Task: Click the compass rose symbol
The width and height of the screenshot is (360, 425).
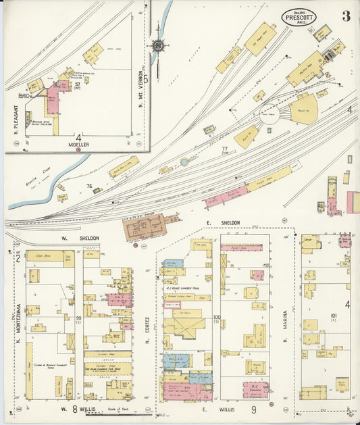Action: click(158, 46)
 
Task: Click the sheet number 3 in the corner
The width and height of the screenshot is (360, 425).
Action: click(346, 16)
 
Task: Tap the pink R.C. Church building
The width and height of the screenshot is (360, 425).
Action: click(256, 389)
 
